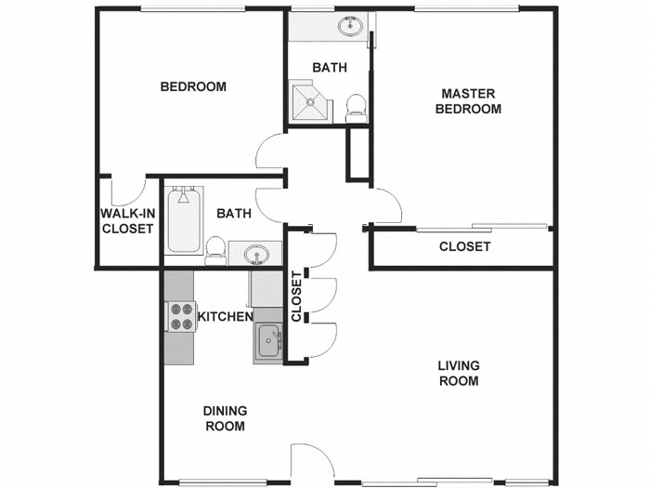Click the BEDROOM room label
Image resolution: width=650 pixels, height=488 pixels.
pyautogui.click(x=193, y=87)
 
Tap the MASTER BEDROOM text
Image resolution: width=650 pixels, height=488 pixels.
pyautogui.click(x=468, y=101)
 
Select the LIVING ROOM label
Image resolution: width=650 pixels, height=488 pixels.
pyautogui.click(x=458, y=373)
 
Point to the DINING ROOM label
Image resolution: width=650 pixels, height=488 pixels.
pyautogui.click(x=225, y=418)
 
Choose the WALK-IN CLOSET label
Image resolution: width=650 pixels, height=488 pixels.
pyautogui.click(x=127, y=221)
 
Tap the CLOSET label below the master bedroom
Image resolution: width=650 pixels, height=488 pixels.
pyautogui.click(x=464, y=247)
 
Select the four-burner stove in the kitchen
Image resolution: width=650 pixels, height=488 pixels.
pyautogui.click(x=181, y=317)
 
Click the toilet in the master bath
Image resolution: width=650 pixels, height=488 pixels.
pyautogui.click(x=355, y=108)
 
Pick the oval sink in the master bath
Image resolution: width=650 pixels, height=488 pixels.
pyautogui.click(x=351, y=27)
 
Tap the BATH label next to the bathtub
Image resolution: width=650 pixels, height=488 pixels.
pyautogui.click(x=233, y=214)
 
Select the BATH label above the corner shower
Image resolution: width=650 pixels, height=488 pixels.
pyautogui.click(x=330, y=68)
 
